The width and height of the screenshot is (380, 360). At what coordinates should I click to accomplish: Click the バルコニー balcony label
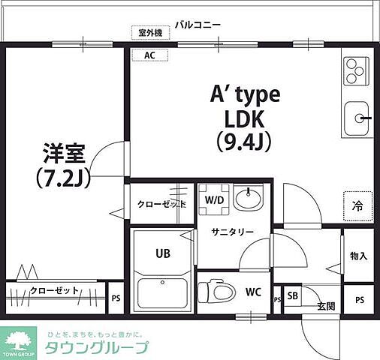click(198, 25)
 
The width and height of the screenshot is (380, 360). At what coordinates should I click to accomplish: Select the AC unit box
click(149, 55)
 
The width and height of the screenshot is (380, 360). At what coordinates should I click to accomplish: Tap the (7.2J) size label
click(63, 178)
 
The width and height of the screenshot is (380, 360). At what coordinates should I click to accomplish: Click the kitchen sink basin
click(357, 118)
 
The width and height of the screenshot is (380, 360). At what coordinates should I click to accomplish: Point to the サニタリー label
click(232, 232)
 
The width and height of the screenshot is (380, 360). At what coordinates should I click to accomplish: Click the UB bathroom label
click(163, 253)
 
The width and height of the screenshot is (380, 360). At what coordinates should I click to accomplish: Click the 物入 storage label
click(358, 256)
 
